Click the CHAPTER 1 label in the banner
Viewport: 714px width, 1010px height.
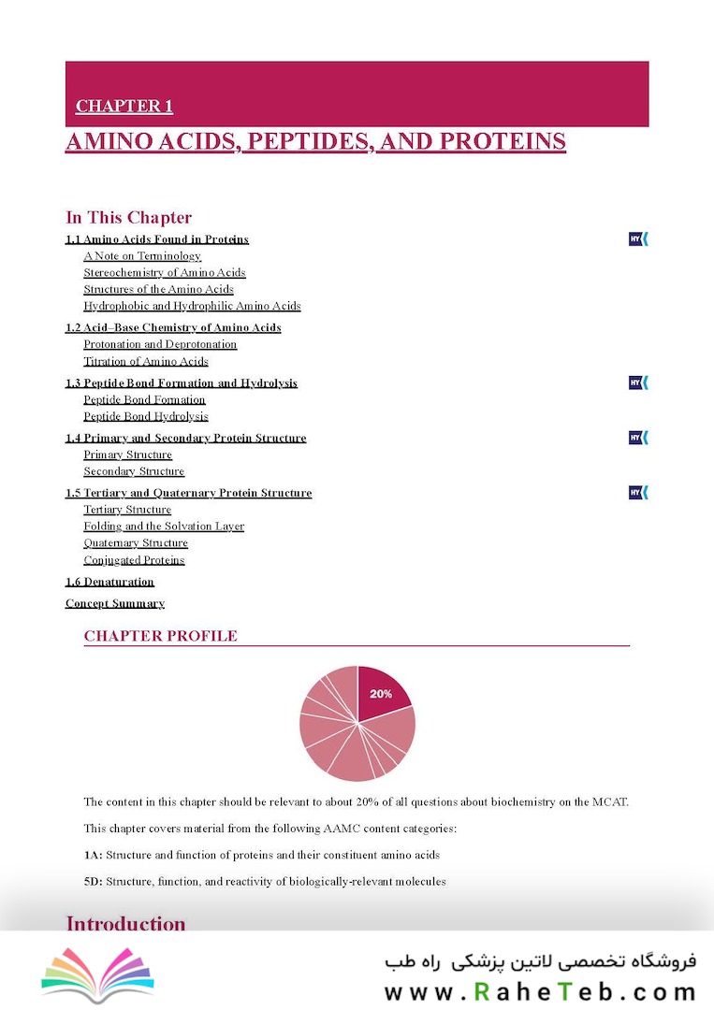pos(124,107)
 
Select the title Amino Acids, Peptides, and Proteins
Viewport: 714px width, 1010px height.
pos(315,141)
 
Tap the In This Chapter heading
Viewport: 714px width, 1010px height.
pos(128,218)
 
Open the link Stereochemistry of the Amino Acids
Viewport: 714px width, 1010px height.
pos(164,272)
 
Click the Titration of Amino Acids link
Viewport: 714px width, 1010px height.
pos(145,361)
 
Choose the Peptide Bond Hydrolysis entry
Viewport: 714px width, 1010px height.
pos(145,416)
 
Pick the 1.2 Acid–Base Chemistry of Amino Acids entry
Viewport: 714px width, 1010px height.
pos(172,327)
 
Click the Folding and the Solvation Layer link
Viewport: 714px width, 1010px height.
pos(163,527)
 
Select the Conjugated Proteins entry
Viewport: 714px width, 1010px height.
pos(134,560)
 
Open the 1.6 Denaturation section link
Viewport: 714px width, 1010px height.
pos(109,582)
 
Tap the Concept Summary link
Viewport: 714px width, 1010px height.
pos(114,603)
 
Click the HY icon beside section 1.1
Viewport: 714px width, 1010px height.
pos(638,239)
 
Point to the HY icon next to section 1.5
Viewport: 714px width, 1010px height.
pos(638,493)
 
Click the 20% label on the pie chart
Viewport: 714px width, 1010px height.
pos(381,694)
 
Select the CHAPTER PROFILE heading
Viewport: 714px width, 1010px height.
pos(160,636)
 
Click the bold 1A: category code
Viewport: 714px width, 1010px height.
pos(93,855)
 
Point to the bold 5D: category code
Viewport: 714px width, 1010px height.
pos(93,881)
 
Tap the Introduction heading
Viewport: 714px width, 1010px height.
pos(125,924)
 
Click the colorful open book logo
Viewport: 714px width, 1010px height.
pos(97,973)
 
